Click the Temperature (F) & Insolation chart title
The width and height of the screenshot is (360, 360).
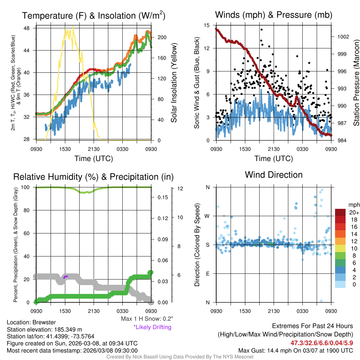(x=94, y=16)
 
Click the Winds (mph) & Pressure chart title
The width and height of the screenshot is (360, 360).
(x=274, y=15)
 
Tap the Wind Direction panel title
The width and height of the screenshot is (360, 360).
(x=274, y=175)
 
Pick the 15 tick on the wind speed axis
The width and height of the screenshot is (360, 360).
(x=207, y=25)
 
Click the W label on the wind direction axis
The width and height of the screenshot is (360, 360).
(x=207, y=216)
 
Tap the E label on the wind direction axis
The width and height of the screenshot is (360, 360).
(x=208, y=274)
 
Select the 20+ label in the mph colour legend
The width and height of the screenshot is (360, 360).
(x=354, y=213)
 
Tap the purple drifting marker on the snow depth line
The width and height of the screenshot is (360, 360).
(x=65, y=277)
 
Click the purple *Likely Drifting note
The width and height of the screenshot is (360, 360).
(x=152, y=327)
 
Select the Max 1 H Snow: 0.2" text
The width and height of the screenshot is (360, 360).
(x=147, y=319)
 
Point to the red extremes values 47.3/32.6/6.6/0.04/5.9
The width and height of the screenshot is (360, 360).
(x=322, y=343)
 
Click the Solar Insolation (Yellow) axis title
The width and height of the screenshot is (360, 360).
(x=174, y=83)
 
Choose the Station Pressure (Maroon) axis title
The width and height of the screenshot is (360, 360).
(x=356, y=83)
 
